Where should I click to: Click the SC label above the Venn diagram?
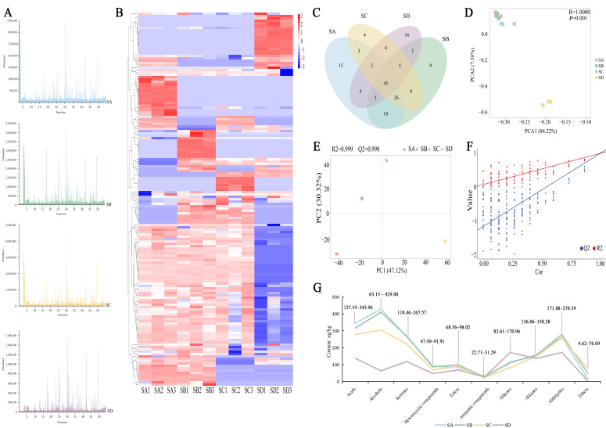[364, 16]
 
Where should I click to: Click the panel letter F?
[487, 145]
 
